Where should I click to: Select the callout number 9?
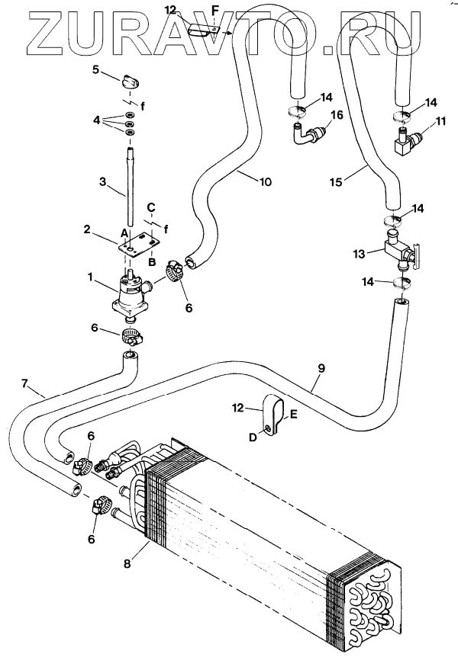click(321, 368)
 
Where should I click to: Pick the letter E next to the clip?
click(294, 415)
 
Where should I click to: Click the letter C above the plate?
click(151, 207)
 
